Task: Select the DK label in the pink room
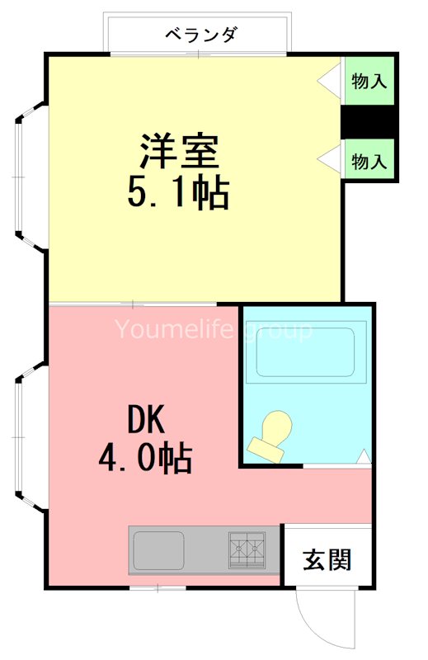pos(146,422)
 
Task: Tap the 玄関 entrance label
pos(327,559)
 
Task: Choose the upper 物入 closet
pos(369,81)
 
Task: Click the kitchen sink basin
pos(159,549)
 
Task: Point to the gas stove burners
pos(247,549)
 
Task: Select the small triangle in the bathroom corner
pos(365,455)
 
